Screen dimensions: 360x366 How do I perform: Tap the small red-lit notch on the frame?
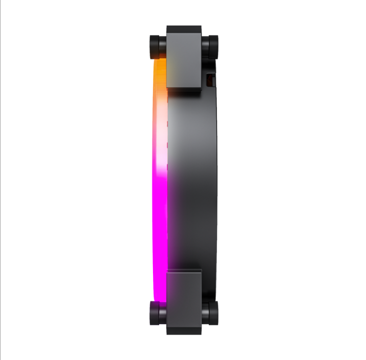(x=210, y=79)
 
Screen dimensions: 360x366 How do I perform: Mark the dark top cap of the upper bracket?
(x=183, y=30)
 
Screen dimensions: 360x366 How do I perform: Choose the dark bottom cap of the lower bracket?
(x=183, y=331)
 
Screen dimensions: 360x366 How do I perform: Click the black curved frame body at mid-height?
(x=195, y=180)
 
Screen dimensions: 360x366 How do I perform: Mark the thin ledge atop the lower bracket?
(x=183, y=270)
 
